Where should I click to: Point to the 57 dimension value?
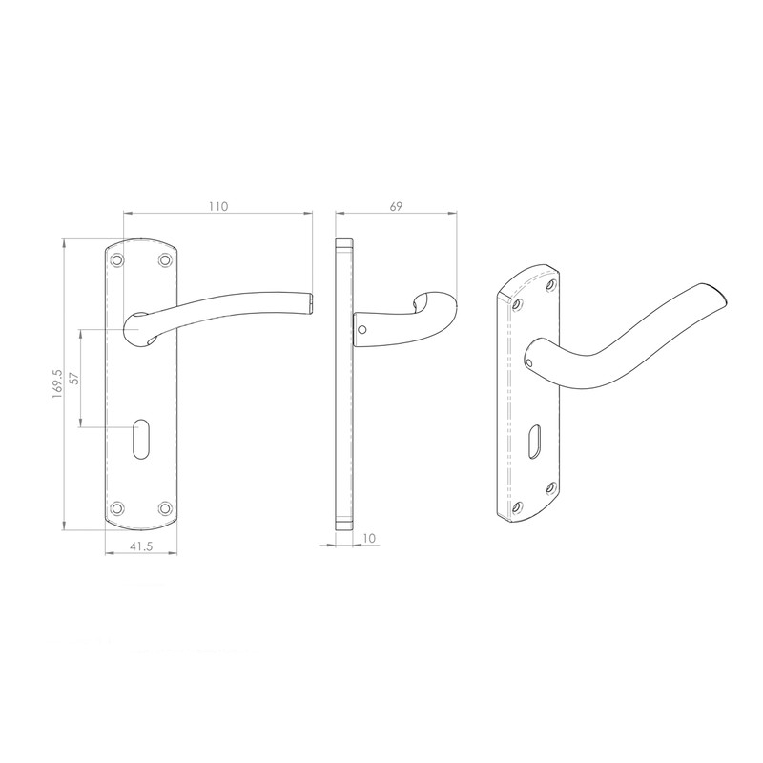coord(73,378)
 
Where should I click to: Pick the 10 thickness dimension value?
coord(368,540)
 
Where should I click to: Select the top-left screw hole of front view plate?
coord(117,259)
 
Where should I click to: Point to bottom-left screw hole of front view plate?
coord(117,507)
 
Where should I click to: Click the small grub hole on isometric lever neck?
coord(530,362)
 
